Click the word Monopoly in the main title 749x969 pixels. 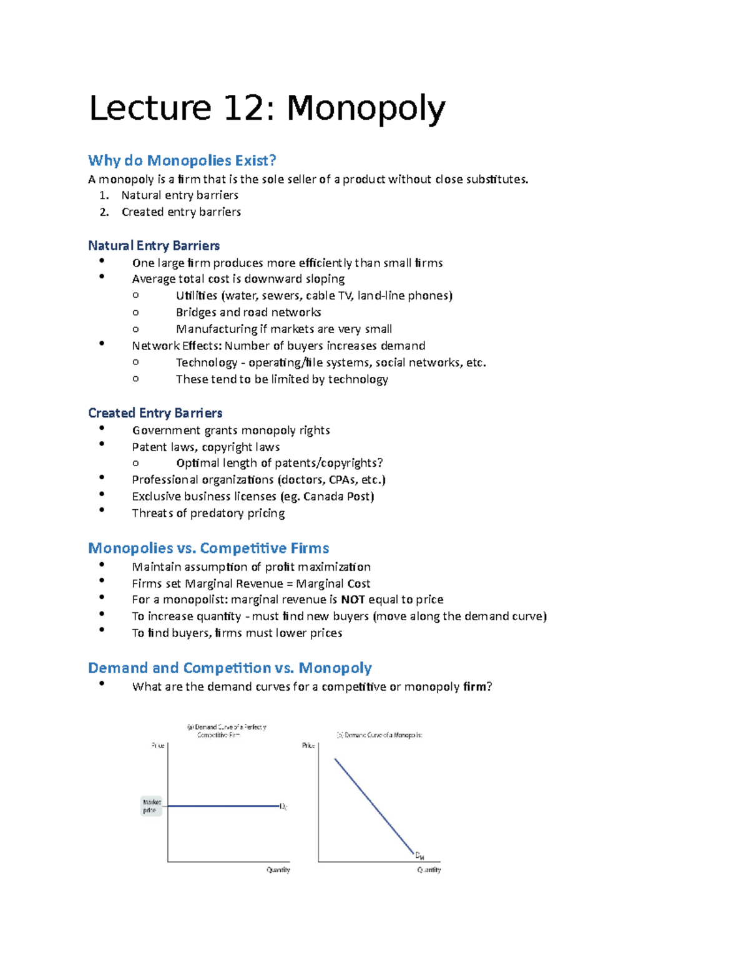click(x=366, y=109)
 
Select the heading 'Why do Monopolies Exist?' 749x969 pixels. click(x=182, y=160)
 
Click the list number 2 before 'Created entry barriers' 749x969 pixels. click(x=104, y=212)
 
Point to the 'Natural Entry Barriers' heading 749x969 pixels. click(x=154, y=245)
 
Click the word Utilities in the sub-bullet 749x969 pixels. click(x=196, y=295)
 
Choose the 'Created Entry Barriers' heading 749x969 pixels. click(x=155, y=412)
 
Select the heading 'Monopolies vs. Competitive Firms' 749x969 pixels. click(x=208, y=548)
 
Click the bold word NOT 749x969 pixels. click(x=353, y=600)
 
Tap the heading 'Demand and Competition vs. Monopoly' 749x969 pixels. click(x=230, y=668)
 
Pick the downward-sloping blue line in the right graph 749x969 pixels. click(x=374, y=806)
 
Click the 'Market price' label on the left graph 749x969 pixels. click(x=152, y=806)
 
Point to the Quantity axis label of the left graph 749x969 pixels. click(x=278, y=870)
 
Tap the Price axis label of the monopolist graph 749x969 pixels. click(x=308, y=746)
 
